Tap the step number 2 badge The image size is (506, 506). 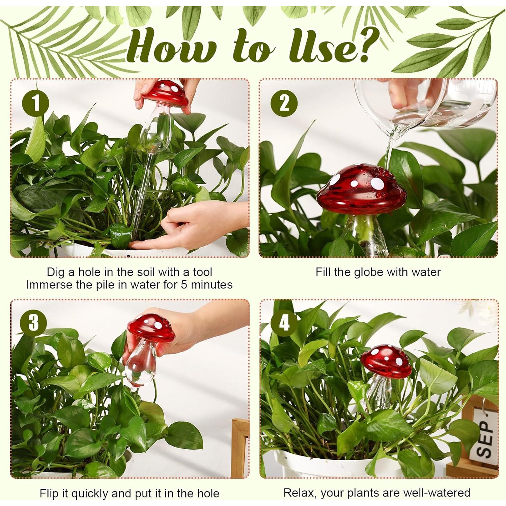click(284, 103)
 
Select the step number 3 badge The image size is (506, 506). click(33, 323)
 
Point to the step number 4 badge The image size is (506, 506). click(284, 323)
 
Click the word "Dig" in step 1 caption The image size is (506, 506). click(55, 272)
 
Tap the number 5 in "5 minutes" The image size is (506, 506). click(184, 285)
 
